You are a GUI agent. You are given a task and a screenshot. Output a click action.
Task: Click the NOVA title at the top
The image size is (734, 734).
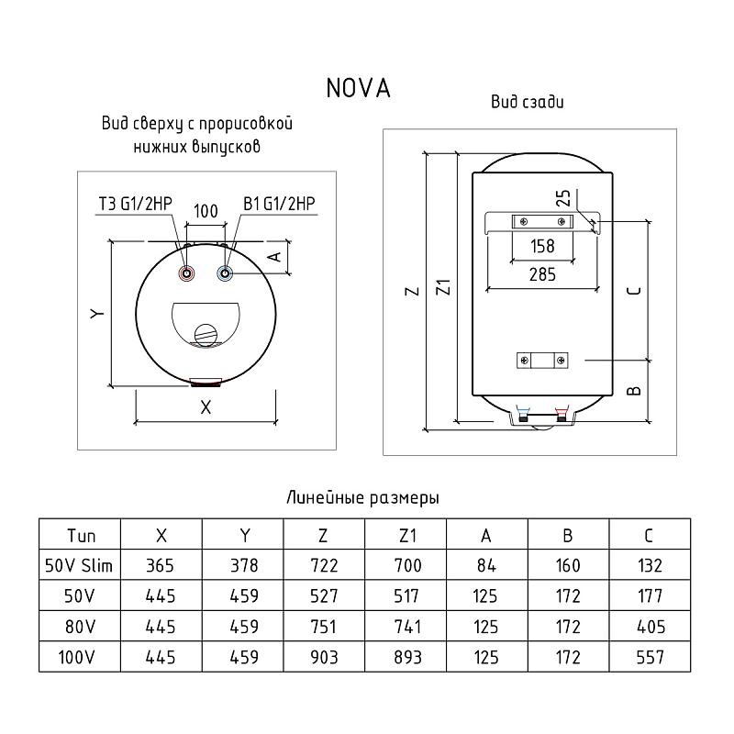coord(358,88)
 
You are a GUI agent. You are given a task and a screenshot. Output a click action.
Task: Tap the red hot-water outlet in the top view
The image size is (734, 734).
coord(187,273)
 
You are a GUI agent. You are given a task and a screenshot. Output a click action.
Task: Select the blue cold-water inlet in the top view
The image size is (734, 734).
coord(225,273)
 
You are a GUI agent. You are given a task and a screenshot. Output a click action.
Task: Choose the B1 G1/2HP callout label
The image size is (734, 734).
coord(280,204)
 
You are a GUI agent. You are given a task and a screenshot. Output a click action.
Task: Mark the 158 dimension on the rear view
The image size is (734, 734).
coord(543,246)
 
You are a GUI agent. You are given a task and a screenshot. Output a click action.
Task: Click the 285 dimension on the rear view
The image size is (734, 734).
coord(543,272)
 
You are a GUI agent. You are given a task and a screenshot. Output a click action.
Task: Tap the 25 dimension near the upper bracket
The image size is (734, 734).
coord(564,198)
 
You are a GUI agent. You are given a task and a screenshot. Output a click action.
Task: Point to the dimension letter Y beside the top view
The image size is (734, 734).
coord(96,314)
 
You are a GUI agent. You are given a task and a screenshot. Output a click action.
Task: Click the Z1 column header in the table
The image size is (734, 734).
coord(406,536)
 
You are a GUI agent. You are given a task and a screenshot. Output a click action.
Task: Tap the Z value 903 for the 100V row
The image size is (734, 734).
coord(325,657)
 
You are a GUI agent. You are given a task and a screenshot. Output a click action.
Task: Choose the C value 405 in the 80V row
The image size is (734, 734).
coord(650,627)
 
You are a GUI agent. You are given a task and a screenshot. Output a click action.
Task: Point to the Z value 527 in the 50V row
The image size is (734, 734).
coord(325,596)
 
